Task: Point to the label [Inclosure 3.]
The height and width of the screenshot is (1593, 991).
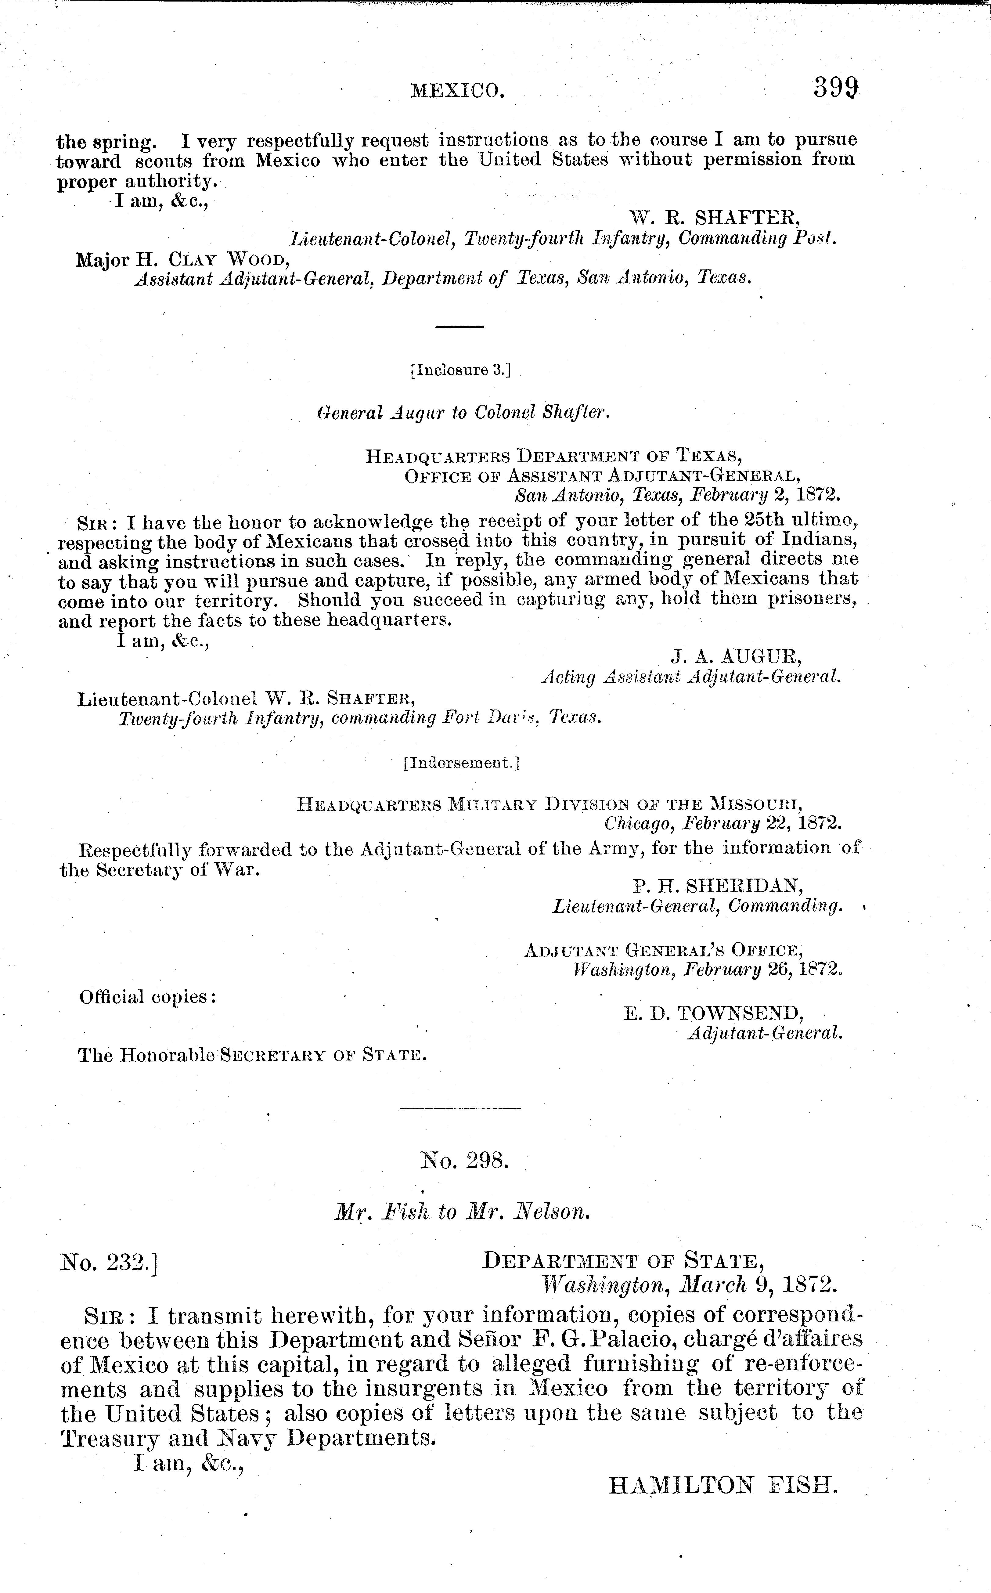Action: tap(459, 370)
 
